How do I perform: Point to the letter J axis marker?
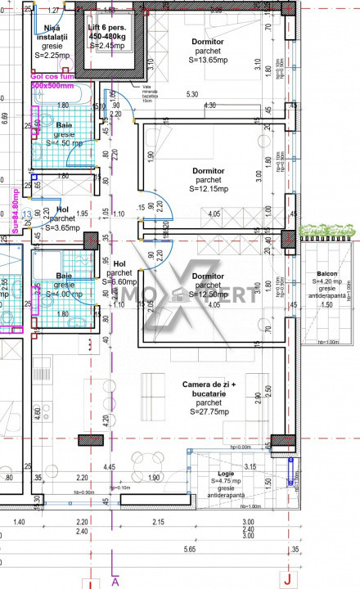(x=286, y=582)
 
